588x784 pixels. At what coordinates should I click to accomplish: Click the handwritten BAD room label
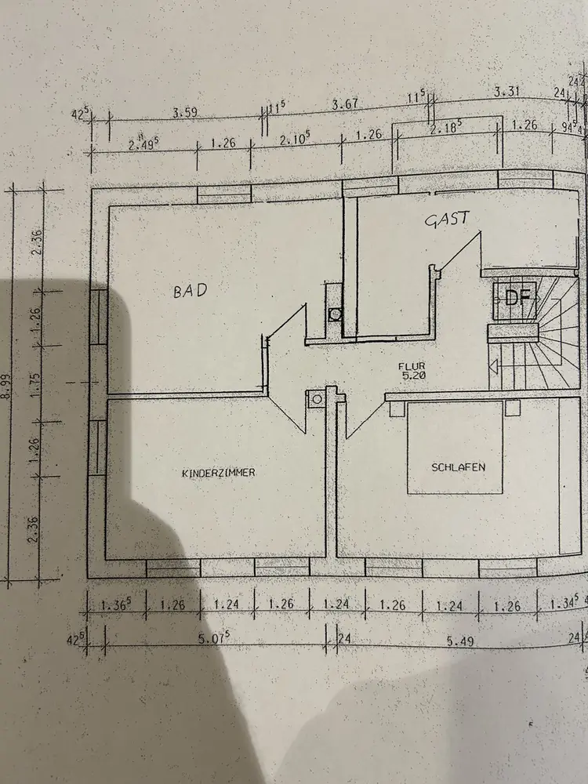pyautogui.click(x=191, y=291)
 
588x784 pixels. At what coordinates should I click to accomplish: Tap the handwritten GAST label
pyautogui.click(x=447, y=220)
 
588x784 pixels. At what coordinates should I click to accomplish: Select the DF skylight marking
pyautogui.click(x=516, y=298)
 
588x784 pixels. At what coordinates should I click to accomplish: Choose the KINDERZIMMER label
pyautogui.click(x=219, y=473)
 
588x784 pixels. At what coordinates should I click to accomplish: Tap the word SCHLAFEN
pyautogui.click(x=458, y=466)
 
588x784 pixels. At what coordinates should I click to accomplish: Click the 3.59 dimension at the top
pyautogui.click(x=185, y=113)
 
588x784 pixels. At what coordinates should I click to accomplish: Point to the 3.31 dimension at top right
pyautogui.click(x=506, y=92)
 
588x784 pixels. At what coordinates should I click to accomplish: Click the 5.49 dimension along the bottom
pyautogui.click(x=463, y=641)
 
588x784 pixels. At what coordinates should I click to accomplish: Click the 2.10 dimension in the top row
pyautogui.click(x=295, y=138)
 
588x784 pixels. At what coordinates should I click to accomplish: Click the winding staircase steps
pyautogui.click(x=549, y=337)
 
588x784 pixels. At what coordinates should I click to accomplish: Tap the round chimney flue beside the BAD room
pyautogui.click(x=335, y=314)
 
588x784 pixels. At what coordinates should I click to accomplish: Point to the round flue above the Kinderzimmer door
pyautogui.click(x=317, y=398)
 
